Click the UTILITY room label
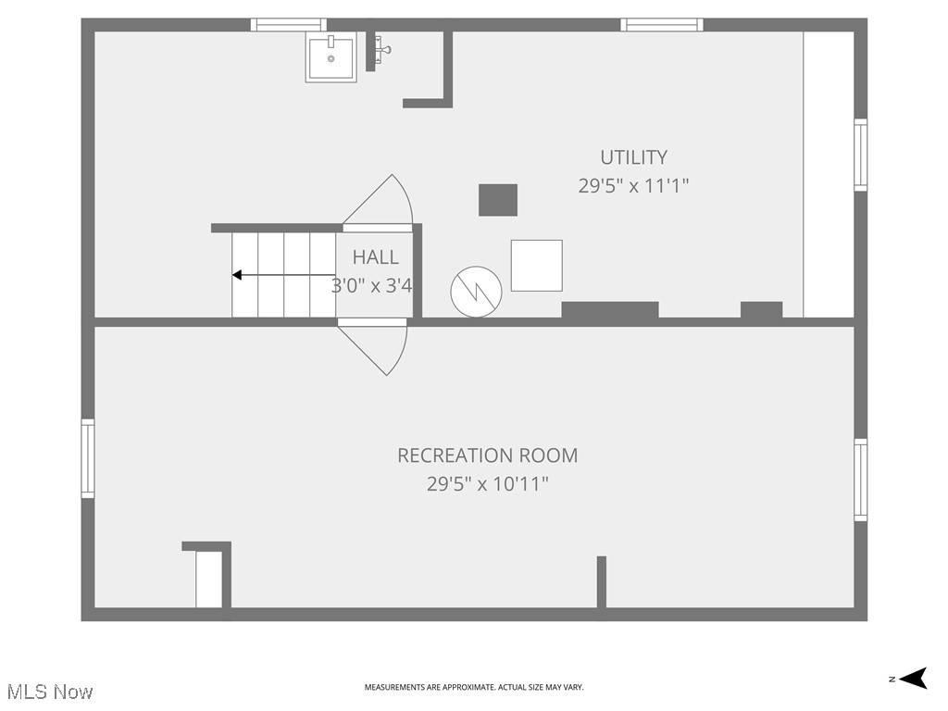[633, 157]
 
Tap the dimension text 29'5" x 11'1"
[633, 186]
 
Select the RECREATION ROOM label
[487, 455]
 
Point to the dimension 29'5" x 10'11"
[487, 483]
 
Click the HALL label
[375, 257]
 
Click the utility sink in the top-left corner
[331, 57]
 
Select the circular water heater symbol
[476, 293]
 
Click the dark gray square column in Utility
[497, 200]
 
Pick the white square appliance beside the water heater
[536, 266]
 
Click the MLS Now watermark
[49, 692]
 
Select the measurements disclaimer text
[473, 687]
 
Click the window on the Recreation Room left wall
[88, 458]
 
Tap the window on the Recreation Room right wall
[860, 480]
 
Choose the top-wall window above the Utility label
[661, 25]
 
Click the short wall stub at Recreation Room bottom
[602, 581]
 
